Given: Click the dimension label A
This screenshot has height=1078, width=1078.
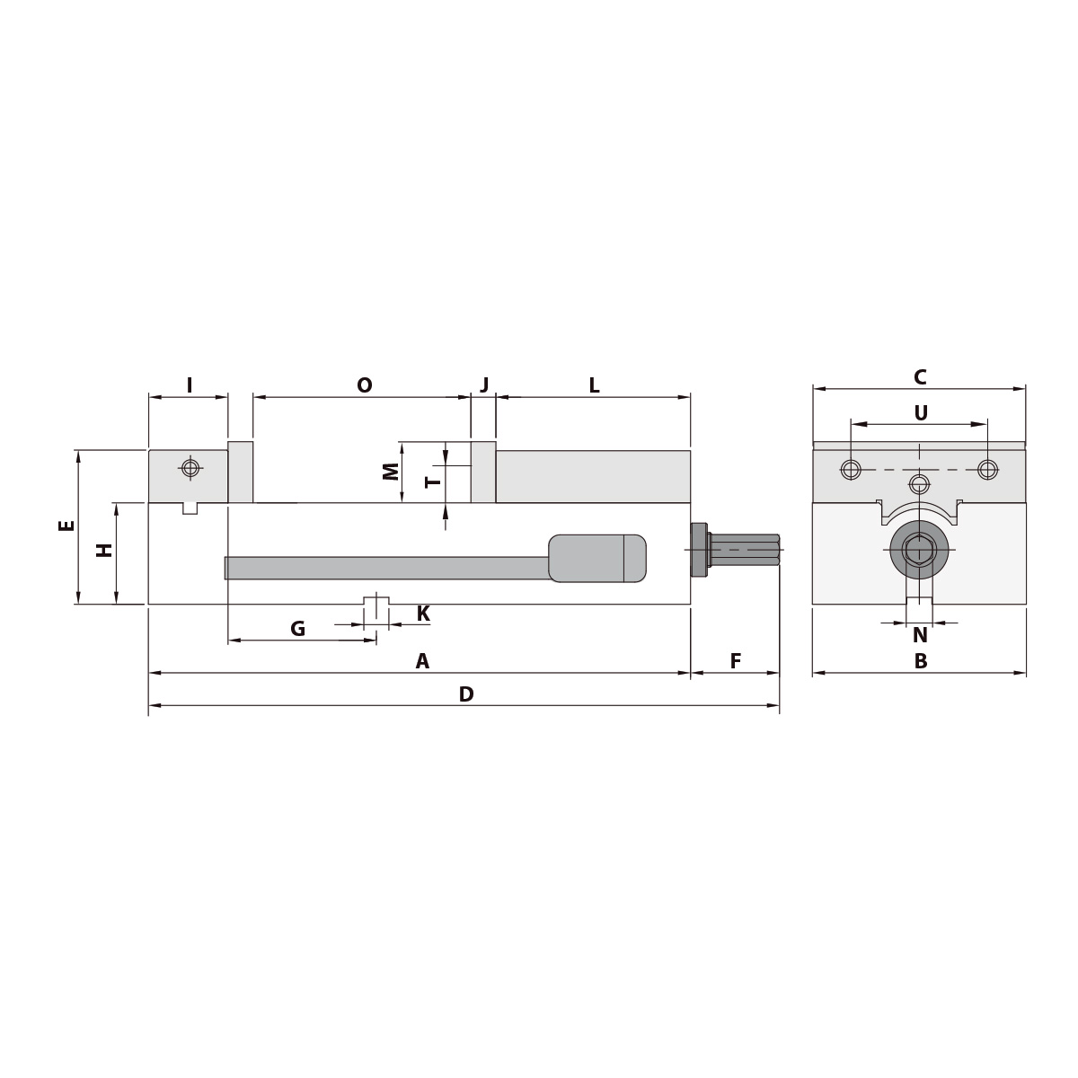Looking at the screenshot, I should (422, 662).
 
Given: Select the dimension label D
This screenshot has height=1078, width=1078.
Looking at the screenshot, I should (465, 694).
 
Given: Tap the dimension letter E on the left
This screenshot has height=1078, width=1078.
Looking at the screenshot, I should (66, 526).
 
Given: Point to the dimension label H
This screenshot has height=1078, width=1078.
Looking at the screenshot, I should (105, 549).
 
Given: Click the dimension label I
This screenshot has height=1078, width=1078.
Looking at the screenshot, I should (190, 385).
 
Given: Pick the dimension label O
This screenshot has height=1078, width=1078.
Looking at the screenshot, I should (364, 385).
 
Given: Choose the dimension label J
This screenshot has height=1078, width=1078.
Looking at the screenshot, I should (484, 385).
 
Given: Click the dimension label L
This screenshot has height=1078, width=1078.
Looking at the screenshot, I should (594, 385).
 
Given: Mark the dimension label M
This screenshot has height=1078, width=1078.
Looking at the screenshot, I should (391, 471).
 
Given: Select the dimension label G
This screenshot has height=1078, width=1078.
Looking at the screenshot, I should (298, 629).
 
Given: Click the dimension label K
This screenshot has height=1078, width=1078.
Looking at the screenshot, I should (423, 614).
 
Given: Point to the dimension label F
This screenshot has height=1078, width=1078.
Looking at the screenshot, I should (735, 662).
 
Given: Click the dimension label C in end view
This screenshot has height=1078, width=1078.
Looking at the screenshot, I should (919, 377).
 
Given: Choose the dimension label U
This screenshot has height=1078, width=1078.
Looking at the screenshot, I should (920, 412).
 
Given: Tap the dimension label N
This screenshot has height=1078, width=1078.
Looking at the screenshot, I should (919, 635).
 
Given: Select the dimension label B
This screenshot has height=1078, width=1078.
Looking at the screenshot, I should (920, 662).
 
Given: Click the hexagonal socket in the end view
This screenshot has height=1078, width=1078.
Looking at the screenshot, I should (918, 550).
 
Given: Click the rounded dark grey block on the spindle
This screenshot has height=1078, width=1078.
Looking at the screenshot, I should (596, 558).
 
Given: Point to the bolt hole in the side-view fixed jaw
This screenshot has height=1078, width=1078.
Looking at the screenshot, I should (190, 467).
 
